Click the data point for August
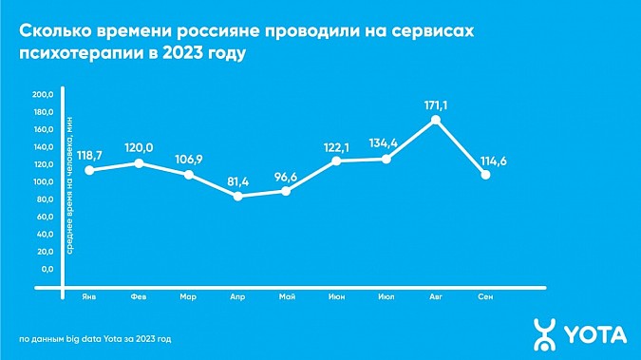(435, 121)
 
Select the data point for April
(237, 197)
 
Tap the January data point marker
(89, 171)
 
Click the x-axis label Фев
(139, 295)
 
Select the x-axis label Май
(287, 295)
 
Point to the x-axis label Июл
(386, 295)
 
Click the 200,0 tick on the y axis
(44, 95)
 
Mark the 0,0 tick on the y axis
(47, 269)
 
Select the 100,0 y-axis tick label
(44, 182)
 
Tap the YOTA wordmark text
(595, 333)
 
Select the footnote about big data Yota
(96, 338)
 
